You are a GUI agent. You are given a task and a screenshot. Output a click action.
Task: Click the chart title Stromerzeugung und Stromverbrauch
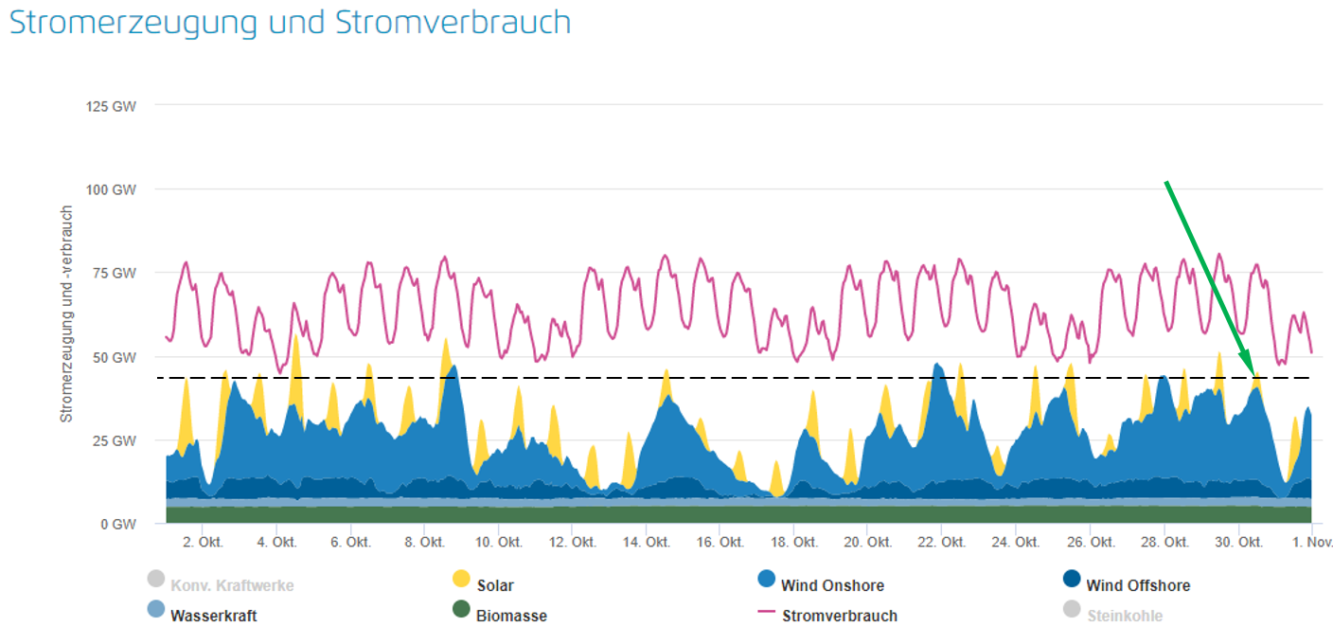click(x=290, y=23)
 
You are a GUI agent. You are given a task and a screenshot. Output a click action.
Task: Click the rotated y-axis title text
click(x=66, y=313)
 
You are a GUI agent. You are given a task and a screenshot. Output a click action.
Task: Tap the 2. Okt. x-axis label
click(x=202, y=543)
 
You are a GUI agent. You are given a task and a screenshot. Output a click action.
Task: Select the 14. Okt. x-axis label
click(x=648, y=543)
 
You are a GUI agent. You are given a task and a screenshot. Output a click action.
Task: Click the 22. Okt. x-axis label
click(x=943, y=543)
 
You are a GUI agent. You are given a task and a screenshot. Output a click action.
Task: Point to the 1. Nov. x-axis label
click(x=1312, y=543)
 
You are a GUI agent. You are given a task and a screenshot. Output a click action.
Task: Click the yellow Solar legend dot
click(x=461, y=579)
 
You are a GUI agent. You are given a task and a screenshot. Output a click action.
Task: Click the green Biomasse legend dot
click(x=461, y=609)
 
